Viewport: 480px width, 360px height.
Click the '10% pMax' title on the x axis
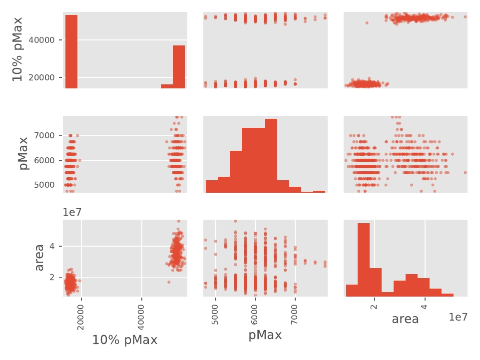[125, 340]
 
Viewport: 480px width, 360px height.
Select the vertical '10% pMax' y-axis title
[17, 50]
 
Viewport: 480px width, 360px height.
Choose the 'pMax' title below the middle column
[265, 335]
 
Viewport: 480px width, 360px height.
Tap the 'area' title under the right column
[405, 319]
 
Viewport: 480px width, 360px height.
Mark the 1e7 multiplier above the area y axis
[72, 212]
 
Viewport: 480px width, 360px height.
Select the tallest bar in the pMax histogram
[271, 155]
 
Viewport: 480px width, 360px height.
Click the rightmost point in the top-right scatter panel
[465, 16]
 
